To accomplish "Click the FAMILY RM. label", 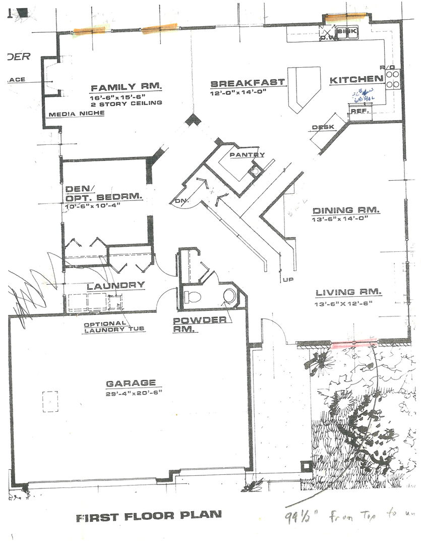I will point(126,87).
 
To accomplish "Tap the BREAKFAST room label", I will point(248,83).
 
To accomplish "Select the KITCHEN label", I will point(356,79).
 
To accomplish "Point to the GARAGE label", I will point(131,383).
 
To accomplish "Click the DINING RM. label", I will point(346,210).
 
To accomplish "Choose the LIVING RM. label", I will point(349,292).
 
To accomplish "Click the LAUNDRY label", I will point(116,286).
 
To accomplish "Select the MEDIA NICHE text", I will point(77,114).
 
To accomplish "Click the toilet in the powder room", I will point(192,296).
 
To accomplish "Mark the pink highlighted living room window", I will point(354,344).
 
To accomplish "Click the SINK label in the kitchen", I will point(346,31).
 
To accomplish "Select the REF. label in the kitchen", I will point(359,111).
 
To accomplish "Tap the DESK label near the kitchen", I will point(323,127).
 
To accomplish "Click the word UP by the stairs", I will point(288,279).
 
